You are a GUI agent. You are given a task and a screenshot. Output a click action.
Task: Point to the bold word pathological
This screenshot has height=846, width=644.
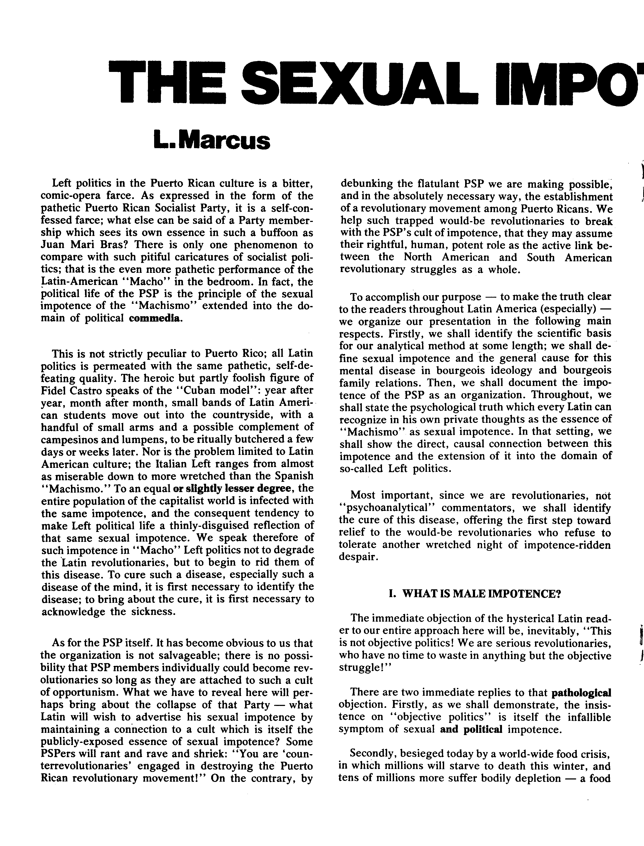point(581,693)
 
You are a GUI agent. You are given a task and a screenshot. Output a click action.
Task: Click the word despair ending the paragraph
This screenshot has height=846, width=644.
point(358,557)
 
